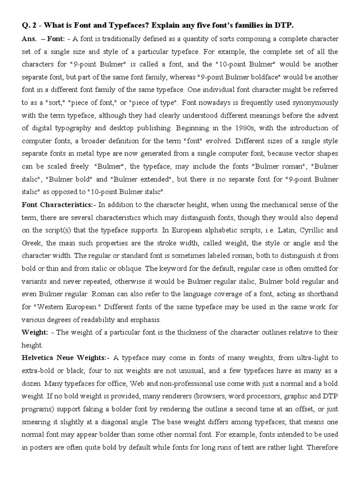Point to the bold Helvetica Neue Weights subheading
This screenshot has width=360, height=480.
tap(64, 358)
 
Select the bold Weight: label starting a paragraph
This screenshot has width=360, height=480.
tap(35, 332)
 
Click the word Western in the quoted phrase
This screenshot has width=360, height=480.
tap(53, 307)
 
